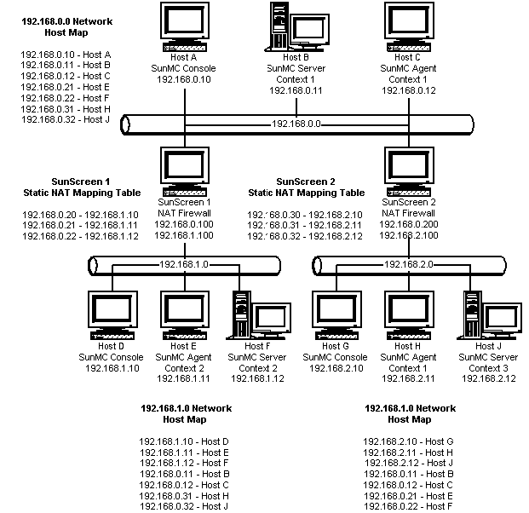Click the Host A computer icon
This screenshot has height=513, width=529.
pos(185,27)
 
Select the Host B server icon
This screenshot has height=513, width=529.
pos(297,27)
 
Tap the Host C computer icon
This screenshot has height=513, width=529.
pos(409,27)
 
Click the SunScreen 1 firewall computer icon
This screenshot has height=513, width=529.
pos(185,171)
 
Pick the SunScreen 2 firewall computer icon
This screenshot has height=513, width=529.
pos(409,171)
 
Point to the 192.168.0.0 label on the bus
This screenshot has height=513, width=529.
pos(296,124)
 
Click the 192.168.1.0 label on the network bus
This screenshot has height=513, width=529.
pos(184,264)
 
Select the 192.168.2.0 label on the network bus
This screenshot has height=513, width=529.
pos(409,264)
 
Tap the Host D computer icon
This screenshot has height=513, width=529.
pos(112,315)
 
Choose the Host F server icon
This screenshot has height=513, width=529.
pos(258,315)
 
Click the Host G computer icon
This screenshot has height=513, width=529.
pos(336,315)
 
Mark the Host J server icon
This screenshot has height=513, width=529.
pos(489,315)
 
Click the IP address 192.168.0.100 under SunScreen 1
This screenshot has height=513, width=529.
pos(184,224)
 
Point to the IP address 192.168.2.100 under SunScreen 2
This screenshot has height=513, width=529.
pos(409,235)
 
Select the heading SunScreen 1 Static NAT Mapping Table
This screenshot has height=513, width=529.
pos(82,187)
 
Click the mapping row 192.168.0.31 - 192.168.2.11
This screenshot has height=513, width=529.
pos(305,226)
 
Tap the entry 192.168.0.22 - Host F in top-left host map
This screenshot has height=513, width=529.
pos(65,98)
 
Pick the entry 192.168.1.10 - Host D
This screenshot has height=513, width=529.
pos(184,441)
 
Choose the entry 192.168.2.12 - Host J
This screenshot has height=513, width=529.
pos(409,463)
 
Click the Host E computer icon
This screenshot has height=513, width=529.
pos(185,315)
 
